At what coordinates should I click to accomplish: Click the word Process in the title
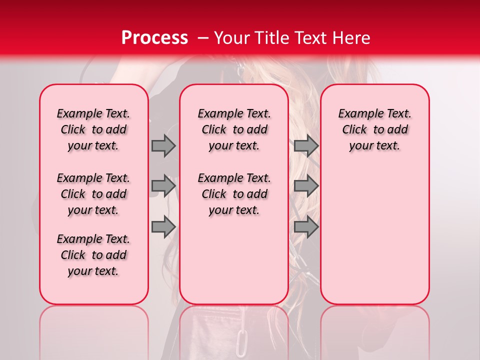click(154, 38)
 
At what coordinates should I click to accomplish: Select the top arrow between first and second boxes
click(163, 145)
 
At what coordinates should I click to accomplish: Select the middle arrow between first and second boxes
click(163, 186)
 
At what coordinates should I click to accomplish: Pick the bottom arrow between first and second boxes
click(163, 226)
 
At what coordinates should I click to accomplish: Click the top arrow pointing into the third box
click(306, 145)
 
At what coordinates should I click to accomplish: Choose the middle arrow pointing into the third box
click(306, 186)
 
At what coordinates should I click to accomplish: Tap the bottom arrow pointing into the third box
click(306, 226)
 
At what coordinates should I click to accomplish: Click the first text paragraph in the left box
click(93, 129)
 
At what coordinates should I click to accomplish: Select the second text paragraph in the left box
click(93, 194)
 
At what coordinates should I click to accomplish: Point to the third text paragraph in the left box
click(93, 255)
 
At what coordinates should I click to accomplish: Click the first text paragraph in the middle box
click(234, 129)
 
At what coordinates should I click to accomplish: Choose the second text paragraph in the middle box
click(234, 194)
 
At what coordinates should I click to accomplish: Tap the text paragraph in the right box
click(374, 129)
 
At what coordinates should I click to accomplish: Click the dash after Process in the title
click(202, 38)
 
